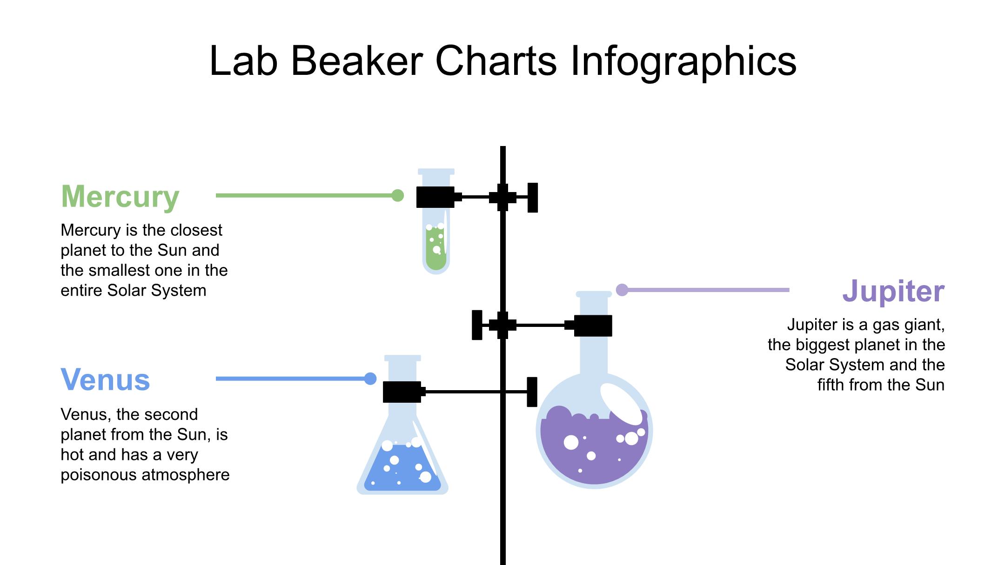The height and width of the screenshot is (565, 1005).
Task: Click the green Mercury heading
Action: point(120,197)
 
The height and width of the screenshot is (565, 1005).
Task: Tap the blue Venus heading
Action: point(105,380)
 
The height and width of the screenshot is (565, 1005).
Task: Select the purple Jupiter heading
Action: point(893,291)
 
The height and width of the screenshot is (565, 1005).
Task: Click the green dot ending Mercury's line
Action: point(397,195)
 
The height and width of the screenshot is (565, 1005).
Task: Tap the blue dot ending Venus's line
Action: point(370,379)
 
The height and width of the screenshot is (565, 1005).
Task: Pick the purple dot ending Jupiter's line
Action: point(622,290)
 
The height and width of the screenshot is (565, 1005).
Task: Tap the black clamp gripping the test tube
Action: point(435,197)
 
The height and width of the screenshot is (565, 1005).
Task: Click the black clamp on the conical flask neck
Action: point(402,392)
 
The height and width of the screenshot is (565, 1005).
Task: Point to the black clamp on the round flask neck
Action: point(593,326)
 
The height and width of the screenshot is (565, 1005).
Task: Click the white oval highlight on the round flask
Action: point(621,404)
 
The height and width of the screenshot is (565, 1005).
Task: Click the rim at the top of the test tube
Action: point(436,172)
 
